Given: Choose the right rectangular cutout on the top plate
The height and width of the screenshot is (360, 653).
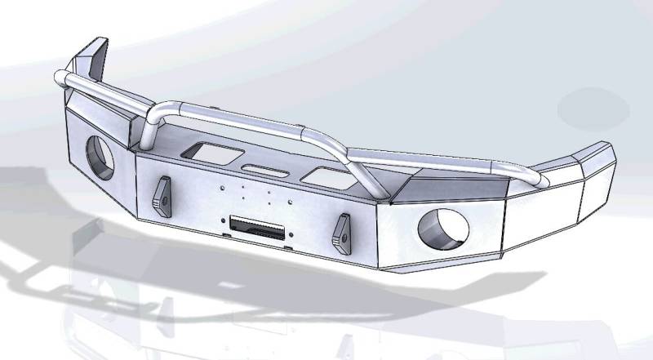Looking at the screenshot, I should point(322,174).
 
